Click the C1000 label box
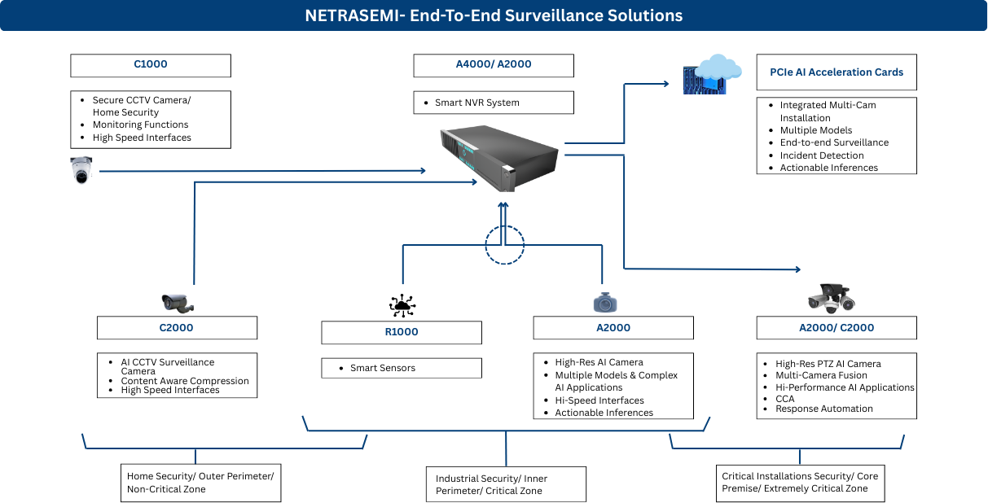point(151,65)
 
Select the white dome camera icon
point(81,169)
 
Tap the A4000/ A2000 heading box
point(494,65)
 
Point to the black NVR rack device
point(499,157)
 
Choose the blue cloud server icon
point(712,74)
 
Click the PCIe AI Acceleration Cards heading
point(837,72)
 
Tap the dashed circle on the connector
point(505,243)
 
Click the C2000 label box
point(177,328)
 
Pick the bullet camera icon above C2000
point(178,303)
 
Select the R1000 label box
point(402,332)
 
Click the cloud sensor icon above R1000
point(402,306)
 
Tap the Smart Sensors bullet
point(382,368)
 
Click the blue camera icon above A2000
point(604,302)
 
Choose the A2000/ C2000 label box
point(837,328)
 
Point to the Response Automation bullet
point(823,409)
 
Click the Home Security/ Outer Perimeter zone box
point(200,483)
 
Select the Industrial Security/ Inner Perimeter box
point(506,485)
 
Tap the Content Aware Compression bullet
point(185,381)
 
